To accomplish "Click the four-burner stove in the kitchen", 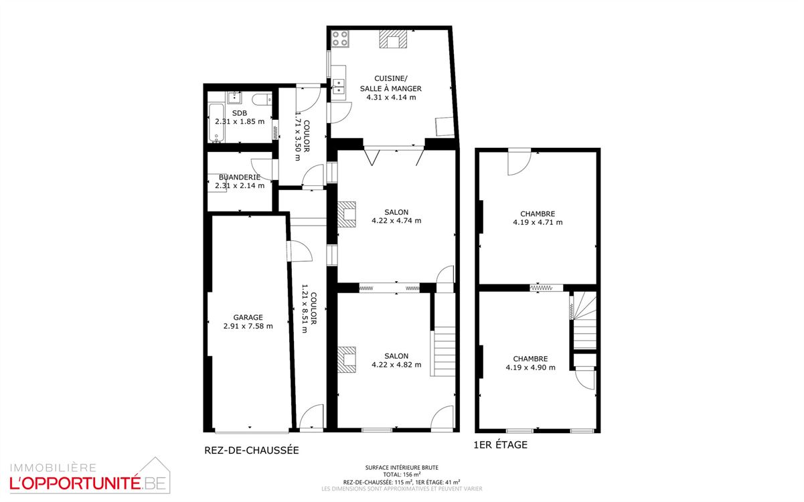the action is (x=340, y=39).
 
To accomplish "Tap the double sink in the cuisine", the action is (x=338, y=86).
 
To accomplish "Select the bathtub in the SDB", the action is (x=216, y=123).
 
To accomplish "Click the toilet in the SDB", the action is (x=262, y=99).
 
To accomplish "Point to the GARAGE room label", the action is (x=248, y=317).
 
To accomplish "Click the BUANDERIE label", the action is (x=240, y=177).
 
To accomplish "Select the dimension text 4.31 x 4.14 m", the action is (x=391, y=97).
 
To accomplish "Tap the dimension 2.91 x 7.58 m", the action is (x=248, y=326).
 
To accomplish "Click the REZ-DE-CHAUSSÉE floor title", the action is (x=252, y=450).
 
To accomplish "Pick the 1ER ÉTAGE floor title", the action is (x=501, y=445).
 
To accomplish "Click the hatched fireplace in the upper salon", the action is (x=347, y=214).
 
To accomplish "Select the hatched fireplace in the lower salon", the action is (x=347, y=359).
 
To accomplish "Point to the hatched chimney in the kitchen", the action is (x=393, y=39).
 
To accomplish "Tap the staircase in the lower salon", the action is (x=443, y=351).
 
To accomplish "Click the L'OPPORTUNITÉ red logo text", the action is (x=75, y=483).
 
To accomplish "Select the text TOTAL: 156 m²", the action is (x=402, y=475).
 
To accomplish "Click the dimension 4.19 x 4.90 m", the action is (x=530, y=367).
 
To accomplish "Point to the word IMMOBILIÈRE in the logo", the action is (x=53, y=468).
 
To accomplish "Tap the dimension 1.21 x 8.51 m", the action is (x=305, y=309).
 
